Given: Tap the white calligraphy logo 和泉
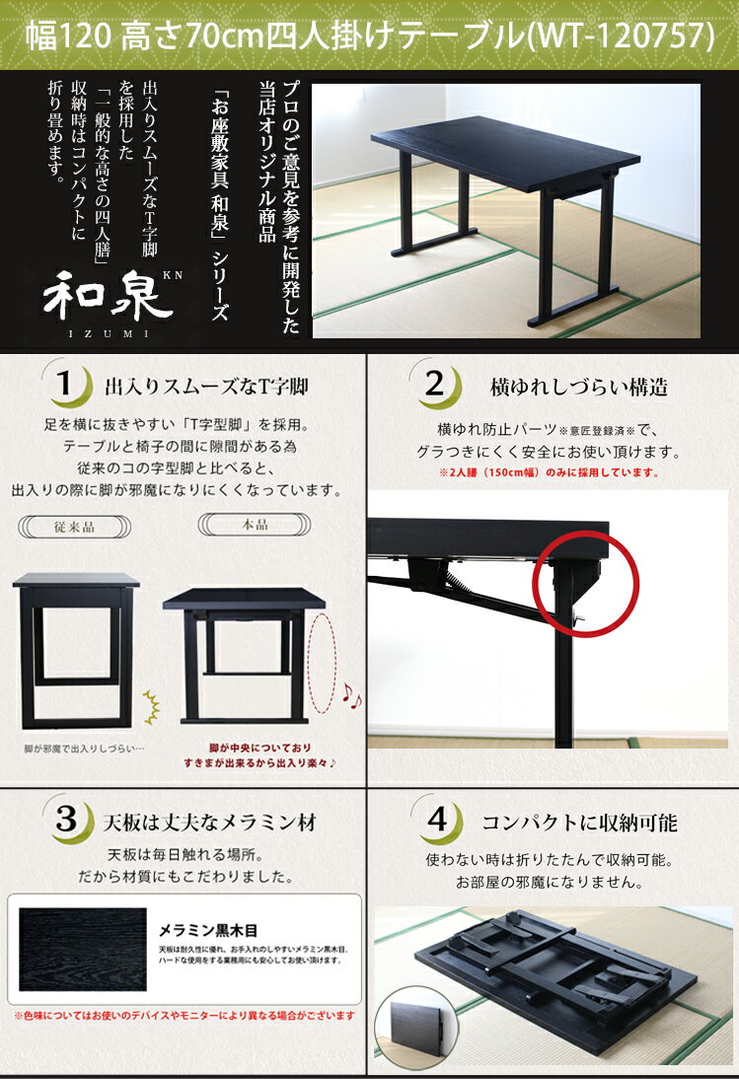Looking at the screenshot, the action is tap(108, 296).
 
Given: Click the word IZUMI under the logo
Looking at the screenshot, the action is tap(109, 333).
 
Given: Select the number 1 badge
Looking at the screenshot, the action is tap(67, 384).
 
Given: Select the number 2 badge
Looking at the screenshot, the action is tap(437, 384).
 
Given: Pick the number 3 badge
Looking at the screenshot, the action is tap(69, 820).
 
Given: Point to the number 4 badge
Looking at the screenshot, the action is tap(438, 820).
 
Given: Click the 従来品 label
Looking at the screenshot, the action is tap(74, 527).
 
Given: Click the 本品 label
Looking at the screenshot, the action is tap(255, 525).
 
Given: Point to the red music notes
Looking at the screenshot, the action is tap(351, 695).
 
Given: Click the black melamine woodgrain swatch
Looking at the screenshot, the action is tap(83, 949).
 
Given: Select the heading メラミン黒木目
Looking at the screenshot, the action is tap(208, 930).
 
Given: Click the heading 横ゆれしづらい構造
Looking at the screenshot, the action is tap(579, 388).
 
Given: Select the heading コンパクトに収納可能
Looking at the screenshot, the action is tap(580, 823).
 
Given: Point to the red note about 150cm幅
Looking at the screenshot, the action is tap(549, 472).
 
